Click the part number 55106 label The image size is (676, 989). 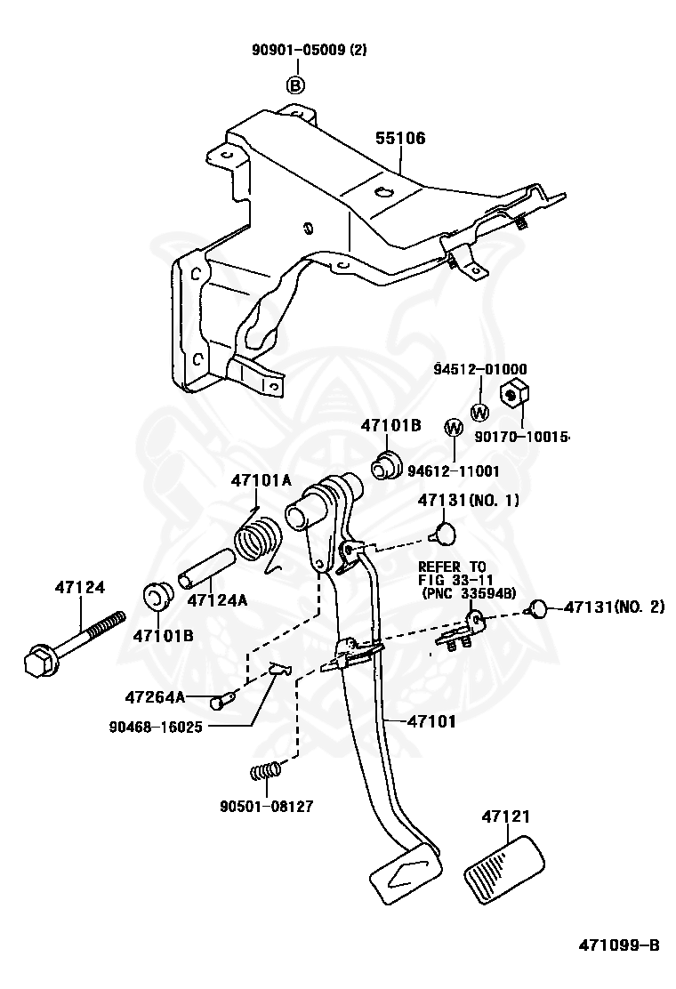point(400,138)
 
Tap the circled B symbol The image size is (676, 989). point(295,84)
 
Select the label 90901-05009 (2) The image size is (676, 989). point(309,49)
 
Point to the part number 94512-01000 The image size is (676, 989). point(480,369)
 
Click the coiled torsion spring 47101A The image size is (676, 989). point(258,538)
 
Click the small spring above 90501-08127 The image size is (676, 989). point(265,770)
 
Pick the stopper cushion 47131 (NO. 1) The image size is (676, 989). point(444,533)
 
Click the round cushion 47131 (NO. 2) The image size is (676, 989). point(538,609)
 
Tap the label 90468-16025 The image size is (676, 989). point(156,727)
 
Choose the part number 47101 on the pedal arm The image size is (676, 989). point(431,720)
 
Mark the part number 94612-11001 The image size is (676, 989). point(454,470)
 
